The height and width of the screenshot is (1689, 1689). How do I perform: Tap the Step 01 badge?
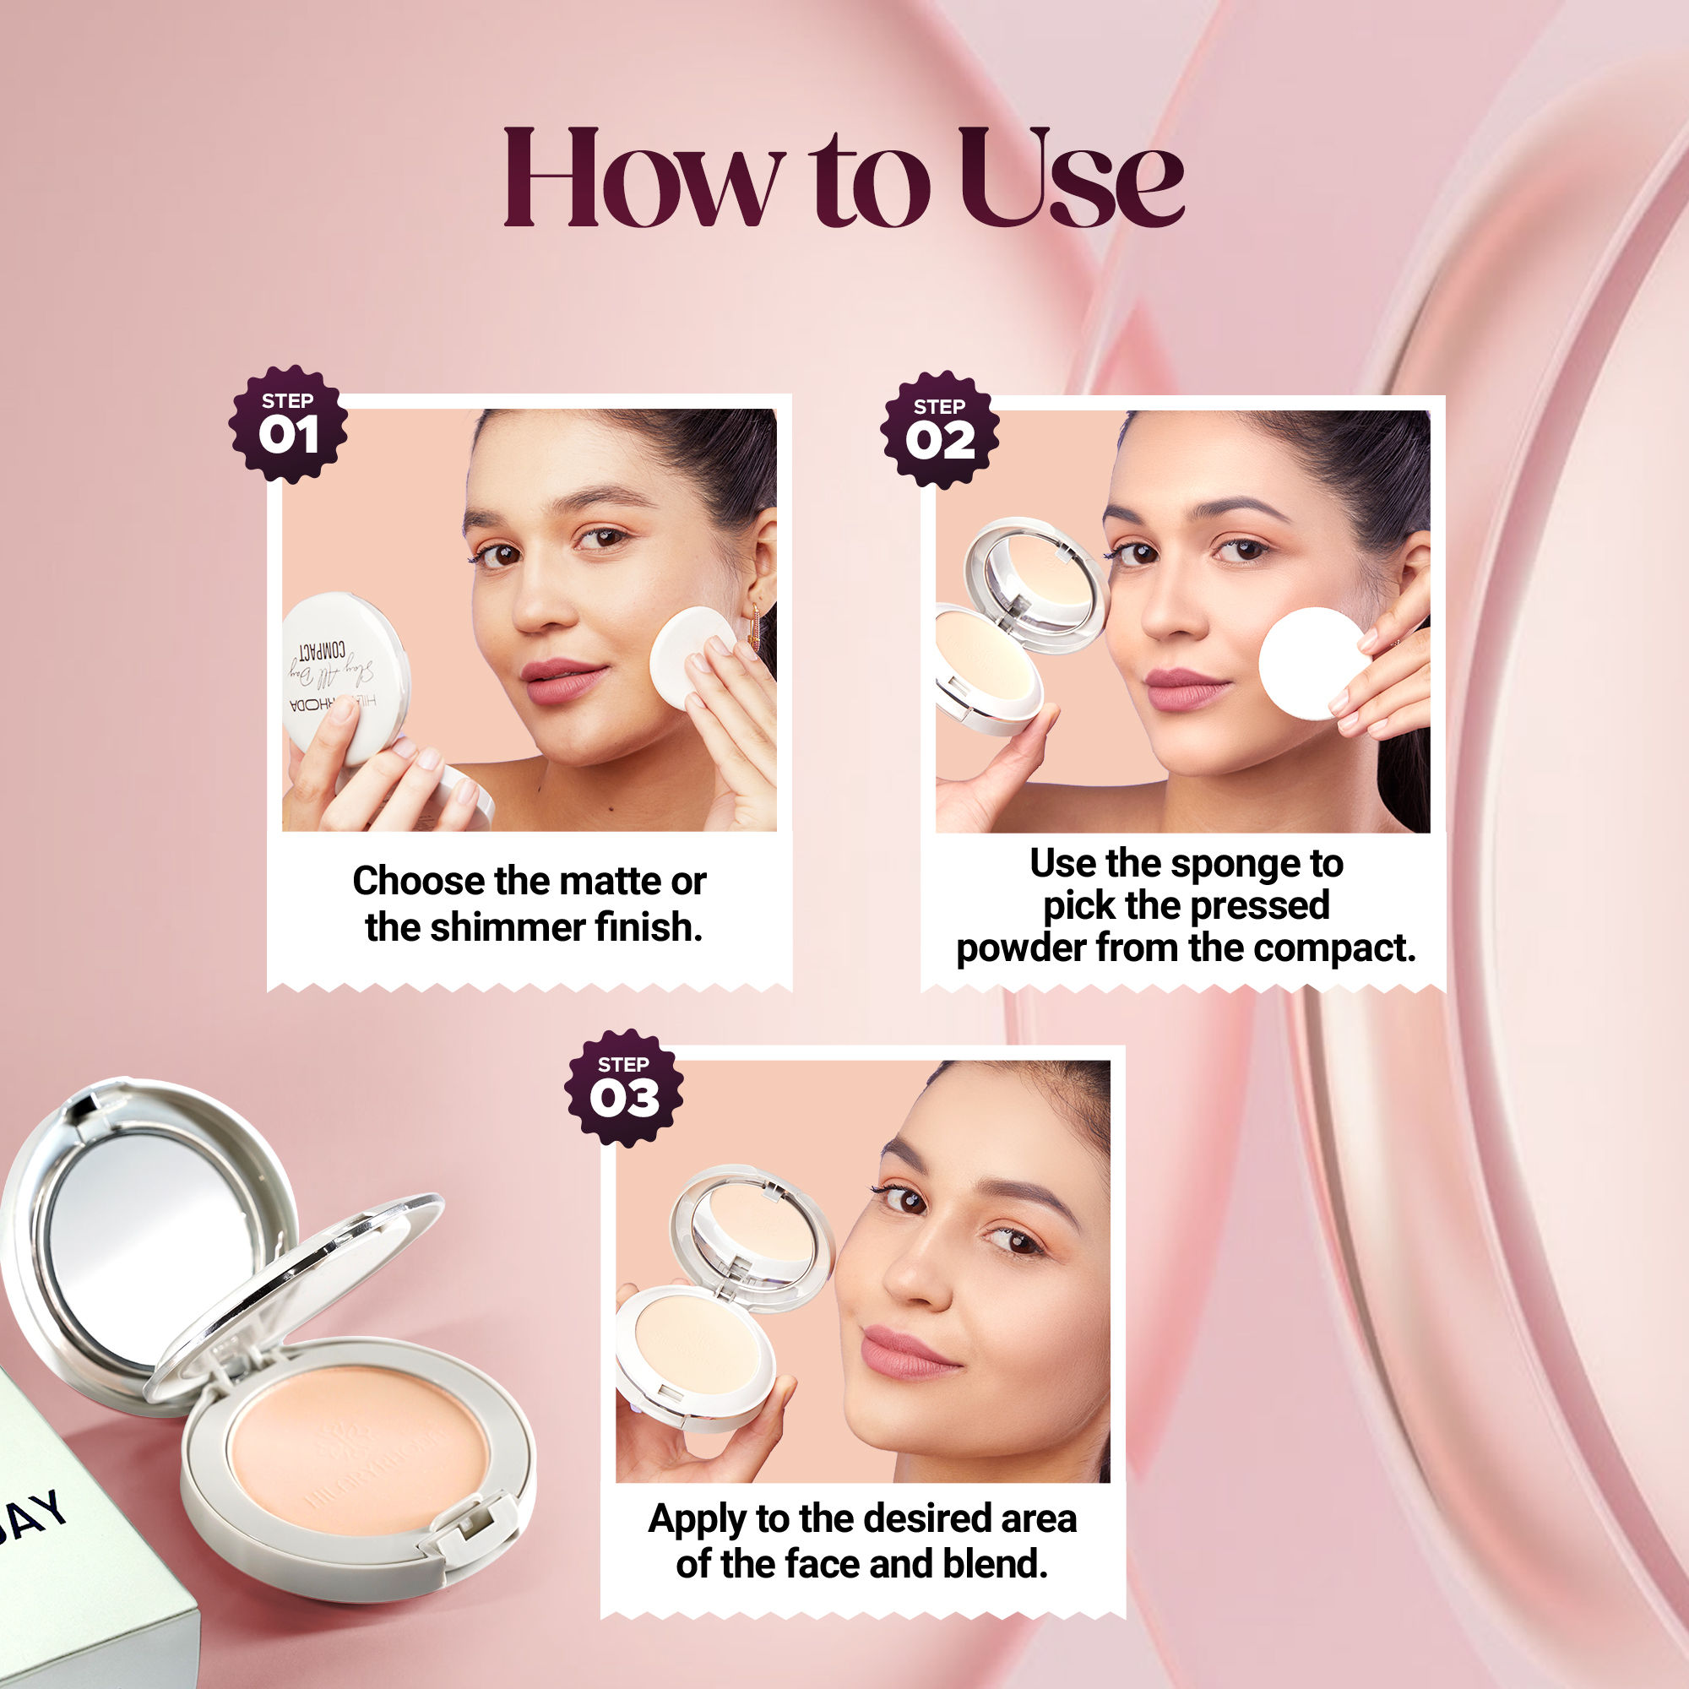point(289,424)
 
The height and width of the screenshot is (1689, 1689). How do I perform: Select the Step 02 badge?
point(940,430)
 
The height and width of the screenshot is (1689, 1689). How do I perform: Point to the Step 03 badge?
point(624,1088)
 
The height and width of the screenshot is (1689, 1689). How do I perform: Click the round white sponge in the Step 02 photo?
point(1312,665)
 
